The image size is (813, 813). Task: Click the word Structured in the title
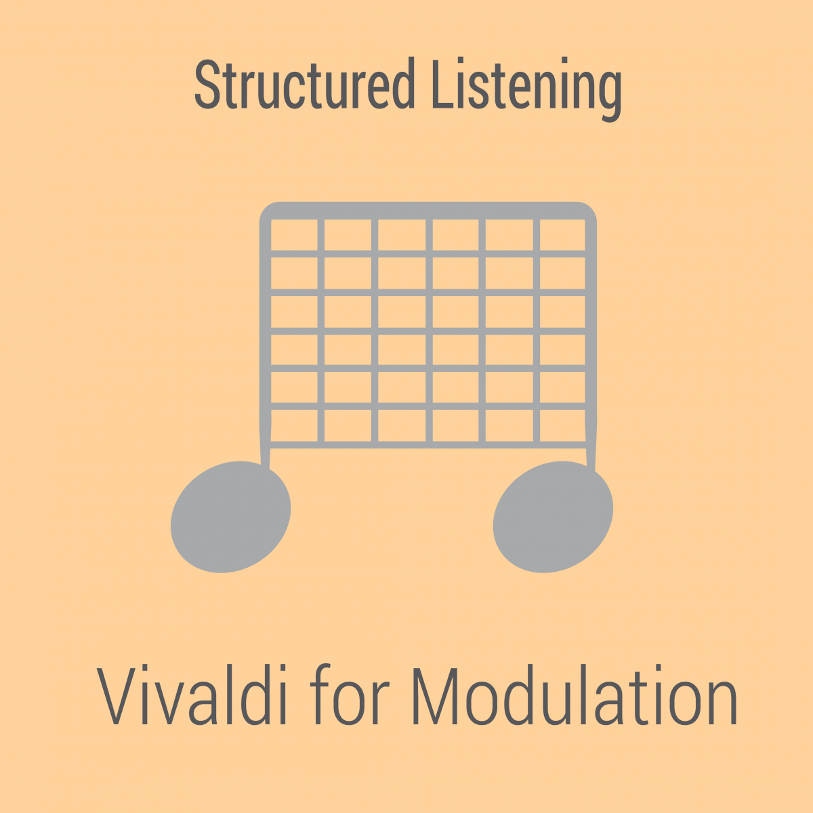305,83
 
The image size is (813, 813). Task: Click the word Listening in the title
527,89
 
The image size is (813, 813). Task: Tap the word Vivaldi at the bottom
192,695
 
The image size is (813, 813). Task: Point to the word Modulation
575,695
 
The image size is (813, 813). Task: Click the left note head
230,517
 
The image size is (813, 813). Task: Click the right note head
553,517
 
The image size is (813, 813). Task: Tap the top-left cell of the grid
294,234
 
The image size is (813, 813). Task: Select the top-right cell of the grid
562,234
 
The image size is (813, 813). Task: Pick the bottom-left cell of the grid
294,425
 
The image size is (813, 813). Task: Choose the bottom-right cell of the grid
562,425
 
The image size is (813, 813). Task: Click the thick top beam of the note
428,211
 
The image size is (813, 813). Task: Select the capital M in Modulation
435,695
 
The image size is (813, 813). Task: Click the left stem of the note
265,337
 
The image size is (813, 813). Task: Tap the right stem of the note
591,337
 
